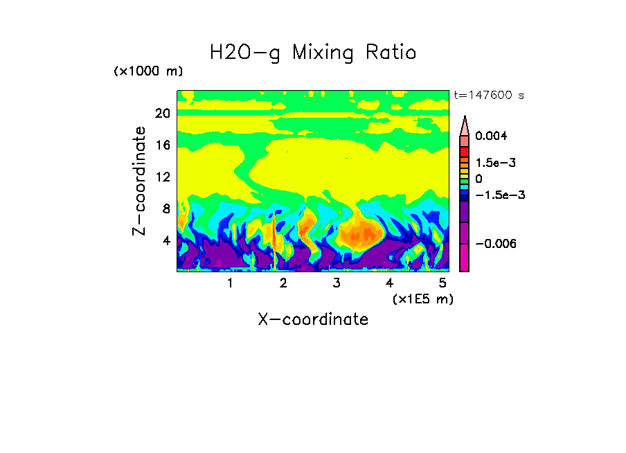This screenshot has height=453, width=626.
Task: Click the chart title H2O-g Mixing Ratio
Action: point(313,52)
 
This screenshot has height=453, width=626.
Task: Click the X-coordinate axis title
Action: point(313,319)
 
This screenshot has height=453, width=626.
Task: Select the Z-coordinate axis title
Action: point(140,181)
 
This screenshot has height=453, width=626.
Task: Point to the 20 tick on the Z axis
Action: point(163,114)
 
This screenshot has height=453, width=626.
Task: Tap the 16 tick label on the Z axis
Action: point(163,145)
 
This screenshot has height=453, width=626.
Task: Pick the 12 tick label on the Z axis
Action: point(163,177)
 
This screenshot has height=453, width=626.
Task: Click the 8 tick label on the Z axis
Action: point(166,209)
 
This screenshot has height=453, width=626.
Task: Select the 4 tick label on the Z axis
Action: point(166,241)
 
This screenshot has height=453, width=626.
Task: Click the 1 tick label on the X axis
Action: point(230,283)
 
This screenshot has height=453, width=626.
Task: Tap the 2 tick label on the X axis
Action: point(283,283)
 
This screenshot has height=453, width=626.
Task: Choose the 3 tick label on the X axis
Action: point(337,283)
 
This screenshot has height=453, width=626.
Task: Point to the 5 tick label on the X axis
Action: point(442,283)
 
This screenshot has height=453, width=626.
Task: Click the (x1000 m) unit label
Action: point(147,71)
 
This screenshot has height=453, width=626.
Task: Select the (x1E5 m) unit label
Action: point(422,299)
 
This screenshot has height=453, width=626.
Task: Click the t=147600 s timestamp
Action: point(488,95)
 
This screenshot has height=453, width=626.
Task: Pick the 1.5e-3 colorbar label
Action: point(496,163)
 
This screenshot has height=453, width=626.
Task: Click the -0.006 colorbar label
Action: point(496,244)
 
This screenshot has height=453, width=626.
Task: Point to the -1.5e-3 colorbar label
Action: point(499,195)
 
